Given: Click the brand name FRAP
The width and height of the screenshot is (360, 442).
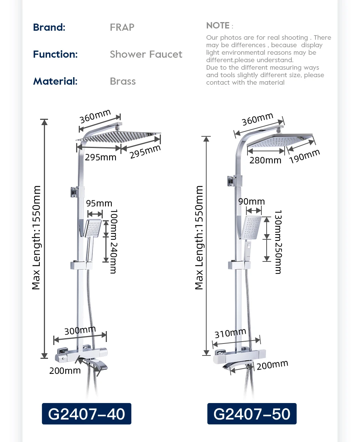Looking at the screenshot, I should pyautogui.click(x=122, y=27).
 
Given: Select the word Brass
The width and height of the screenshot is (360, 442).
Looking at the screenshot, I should pyautogui.click(x=123, y=81).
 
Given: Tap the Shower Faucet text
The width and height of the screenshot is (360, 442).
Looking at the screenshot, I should pyautogui.click(x=146, y=54).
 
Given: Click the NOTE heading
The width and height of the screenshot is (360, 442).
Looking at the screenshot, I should pyautogui.click(x=218, y=26).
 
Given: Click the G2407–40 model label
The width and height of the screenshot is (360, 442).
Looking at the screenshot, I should pyautogui.click(x=87, y=414).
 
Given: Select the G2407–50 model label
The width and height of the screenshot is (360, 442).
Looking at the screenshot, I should pyautogui.click(x=252, y=414).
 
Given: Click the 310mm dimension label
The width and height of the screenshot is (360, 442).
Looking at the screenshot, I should pyautogui.click(x=230, y=333).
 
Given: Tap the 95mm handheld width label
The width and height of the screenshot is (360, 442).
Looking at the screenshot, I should pyautogui.click(x=99, y=203).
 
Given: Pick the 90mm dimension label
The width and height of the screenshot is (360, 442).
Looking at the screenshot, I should pyautogui.click(x=252, y=202).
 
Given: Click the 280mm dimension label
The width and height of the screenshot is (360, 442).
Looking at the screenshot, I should pyautogui.click(x=265, y=160).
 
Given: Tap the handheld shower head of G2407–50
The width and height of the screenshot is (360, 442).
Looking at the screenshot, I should pyautogui.click(x=252, y=227).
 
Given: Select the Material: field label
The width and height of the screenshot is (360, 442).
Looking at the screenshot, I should pyautogui.click(x=55, y=81).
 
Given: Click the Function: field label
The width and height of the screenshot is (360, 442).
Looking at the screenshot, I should pyautogui.click(x=55, y=54).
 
